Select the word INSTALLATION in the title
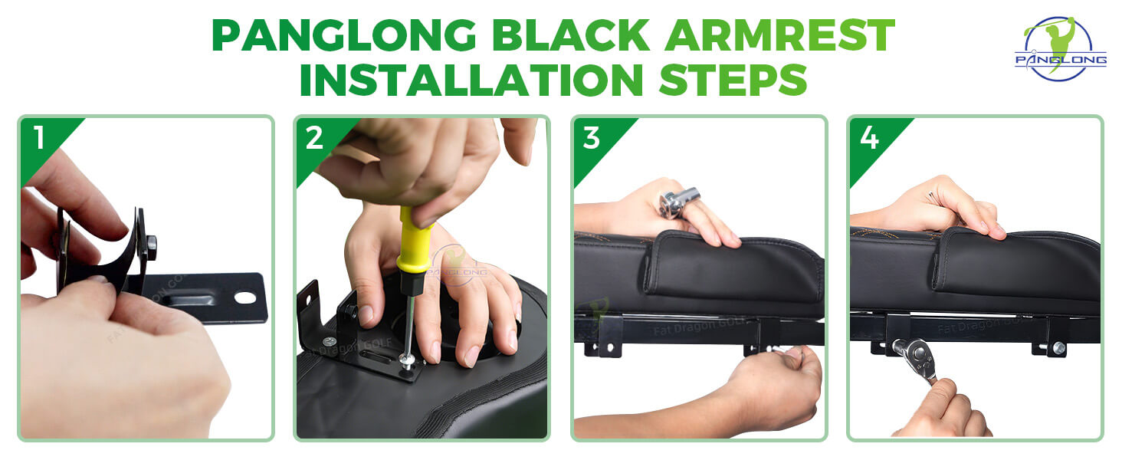click(471, 79)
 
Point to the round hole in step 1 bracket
click(244, 297)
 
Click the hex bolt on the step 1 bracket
click(151, 247)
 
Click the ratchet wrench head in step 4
click(914, 353)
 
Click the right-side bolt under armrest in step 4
click(1058, 348)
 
